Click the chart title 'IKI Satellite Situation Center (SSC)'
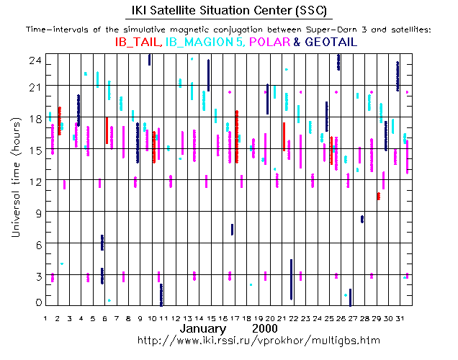click(228, 11)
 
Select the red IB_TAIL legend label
click(139, 42)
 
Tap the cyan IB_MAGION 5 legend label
click(205, 42)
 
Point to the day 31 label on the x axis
click(400, 318)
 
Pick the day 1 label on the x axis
click(46, 318)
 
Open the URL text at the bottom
click(257, 339)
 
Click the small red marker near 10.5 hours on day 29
click(378, 196)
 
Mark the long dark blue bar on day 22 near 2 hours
click(291, 279)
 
